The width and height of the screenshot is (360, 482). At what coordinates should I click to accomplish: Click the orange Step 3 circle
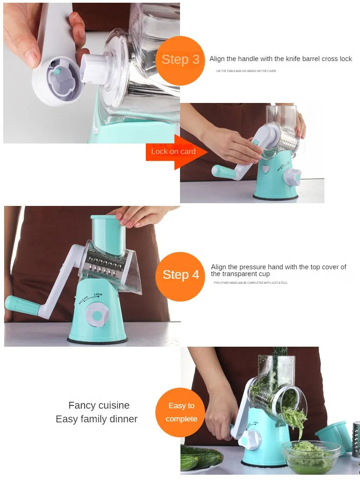point(180,61)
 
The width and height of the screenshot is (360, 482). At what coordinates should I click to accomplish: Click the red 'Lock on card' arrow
point(175,152)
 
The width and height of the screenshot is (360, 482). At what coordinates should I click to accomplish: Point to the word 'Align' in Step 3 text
point(217,59)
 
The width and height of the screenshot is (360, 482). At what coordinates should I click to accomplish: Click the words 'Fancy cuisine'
point(99,405)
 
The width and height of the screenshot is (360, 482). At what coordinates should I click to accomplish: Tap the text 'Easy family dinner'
point(97,419)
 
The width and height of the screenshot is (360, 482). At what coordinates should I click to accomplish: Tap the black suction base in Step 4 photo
point(97,341)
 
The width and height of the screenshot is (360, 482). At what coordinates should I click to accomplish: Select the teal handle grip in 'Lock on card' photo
point(223,171)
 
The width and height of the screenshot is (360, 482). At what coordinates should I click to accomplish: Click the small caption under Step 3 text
point(246,71)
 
